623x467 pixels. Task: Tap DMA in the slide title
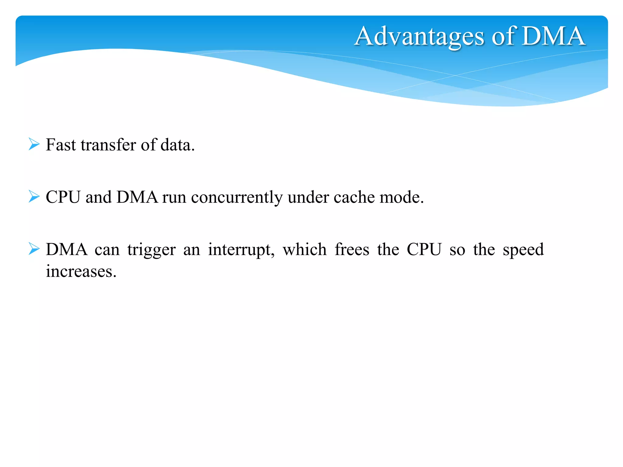pos(553,36)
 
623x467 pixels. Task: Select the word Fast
pos(61,145)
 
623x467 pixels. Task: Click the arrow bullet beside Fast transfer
pos(34,144)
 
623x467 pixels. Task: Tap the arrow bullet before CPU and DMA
pos(34,196)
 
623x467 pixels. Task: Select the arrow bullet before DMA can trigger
pos(34,249)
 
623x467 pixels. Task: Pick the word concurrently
pos(237,198)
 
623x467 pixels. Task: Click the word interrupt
pos(241,250)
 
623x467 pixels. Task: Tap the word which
pos(305,250)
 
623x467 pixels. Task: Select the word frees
pos(352,250)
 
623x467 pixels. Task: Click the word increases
pos(81,272)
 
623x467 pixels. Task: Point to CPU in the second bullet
pos(63,197)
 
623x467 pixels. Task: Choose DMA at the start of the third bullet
pos(67,250)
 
